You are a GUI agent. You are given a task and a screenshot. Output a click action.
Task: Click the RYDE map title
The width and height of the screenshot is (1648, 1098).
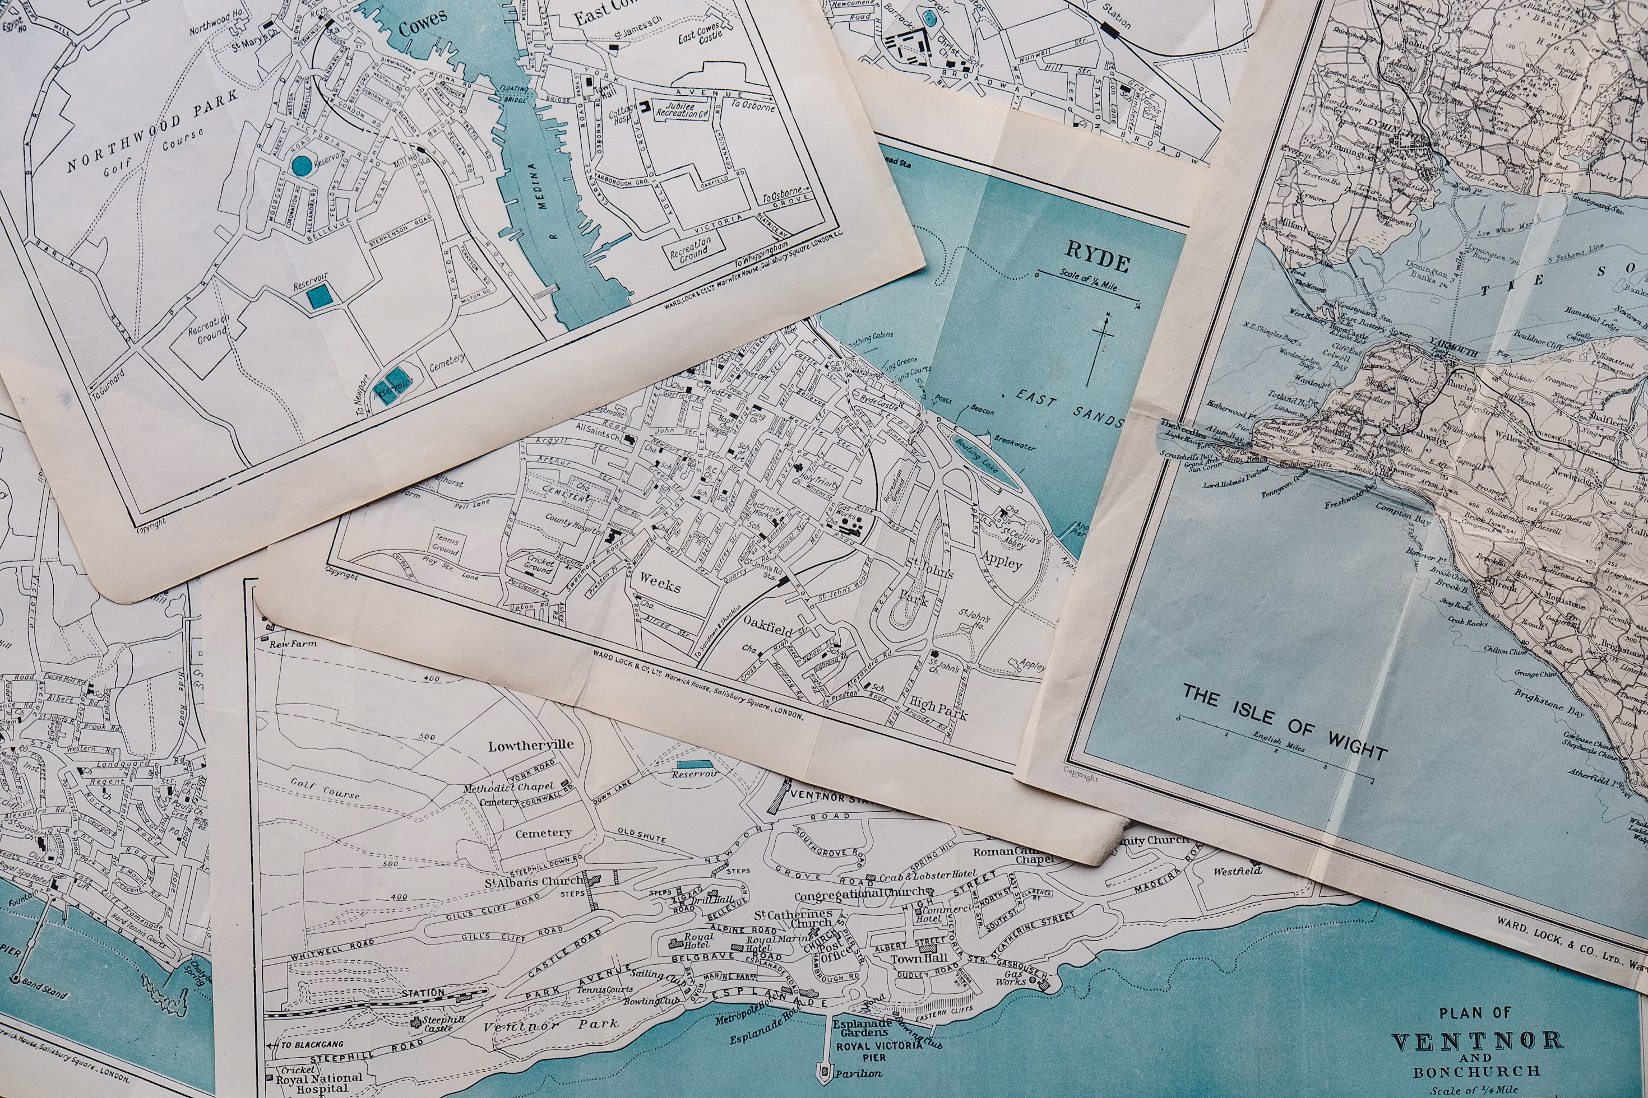pyautogui.click(x=1098, y=257)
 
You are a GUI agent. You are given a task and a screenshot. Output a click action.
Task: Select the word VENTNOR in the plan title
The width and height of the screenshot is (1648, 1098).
pyautogui.click(x=1476, y=1041)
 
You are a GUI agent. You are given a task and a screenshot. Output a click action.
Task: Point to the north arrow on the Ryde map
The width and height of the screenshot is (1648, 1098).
pyautogui.click(x=1100, y=350)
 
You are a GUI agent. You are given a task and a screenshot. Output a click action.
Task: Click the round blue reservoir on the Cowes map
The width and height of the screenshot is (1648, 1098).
pyautogui.click(x=302, y=166)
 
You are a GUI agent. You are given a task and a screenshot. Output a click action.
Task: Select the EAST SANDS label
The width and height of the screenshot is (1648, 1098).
pyautogui.click(x=1068, y=408)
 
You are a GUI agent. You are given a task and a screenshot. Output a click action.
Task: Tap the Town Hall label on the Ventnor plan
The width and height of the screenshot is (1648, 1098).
pyautogui.click(x=919, y=958)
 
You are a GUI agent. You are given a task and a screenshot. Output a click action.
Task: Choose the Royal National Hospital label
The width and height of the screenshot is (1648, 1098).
pyautogui.click(x=319, y=1082)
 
